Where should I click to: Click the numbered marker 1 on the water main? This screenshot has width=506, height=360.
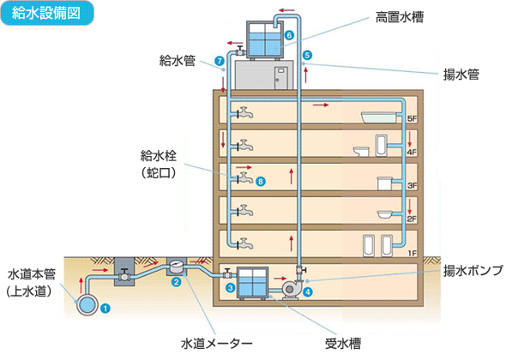point(105,306)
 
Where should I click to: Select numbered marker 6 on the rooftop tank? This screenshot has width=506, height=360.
point(289,35)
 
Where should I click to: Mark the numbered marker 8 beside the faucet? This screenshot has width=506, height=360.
point(260,182)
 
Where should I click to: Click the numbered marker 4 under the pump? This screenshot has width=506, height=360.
point(308,291)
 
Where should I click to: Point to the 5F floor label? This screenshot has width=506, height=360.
point(412,118)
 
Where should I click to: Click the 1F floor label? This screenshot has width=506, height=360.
point(412,253)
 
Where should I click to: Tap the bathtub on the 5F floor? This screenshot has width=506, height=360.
point(377,117)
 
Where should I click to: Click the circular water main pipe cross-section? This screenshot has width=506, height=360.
point(88,304)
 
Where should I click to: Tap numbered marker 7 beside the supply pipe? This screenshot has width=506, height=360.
point(220,60)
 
